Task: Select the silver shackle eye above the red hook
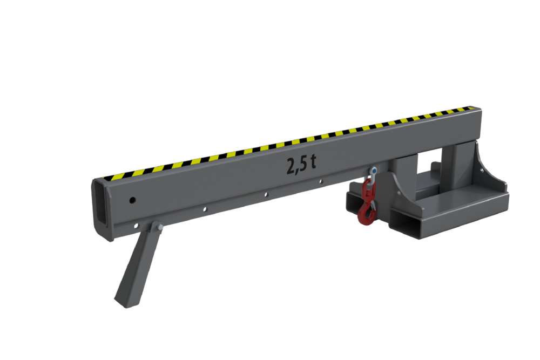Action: tap(373, 172)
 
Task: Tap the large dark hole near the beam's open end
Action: tap(132, 200)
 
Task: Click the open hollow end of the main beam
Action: tap(104, 208)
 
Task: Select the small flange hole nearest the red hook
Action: tap(321, 182)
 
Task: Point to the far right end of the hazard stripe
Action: tap(476, 110)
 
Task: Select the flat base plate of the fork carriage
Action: tap(459, 200)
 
